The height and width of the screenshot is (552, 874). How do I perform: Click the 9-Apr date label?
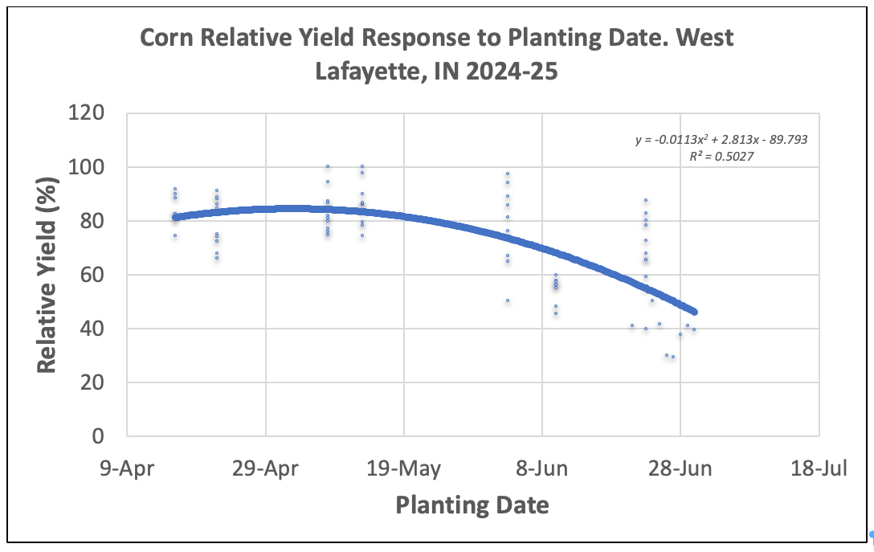click(x=127, y=469)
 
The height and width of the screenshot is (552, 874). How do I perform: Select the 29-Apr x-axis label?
click(x=266, y=469)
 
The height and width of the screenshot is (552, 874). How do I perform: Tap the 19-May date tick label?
click(x=404, y=469)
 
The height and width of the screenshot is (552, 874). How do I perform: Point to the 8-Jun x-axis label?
click(x=542, y=469)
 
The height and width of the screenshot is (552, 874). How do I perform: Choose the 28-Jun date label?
click(x=680, y=469)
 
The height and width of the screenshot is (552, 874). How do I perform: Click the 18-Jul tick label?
click(x=819, y=469)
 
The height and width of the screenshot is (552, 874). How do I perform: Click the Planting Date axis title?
click(x=472, y=505)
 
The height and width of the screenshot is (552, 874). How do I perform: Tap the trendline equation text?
click(x=721, y=140)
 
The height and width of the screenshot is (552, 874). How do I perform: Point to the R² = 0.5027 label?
click(x=721, y=157)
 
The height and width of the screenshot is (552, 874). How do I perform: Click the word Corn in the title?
click(x=169, y=39)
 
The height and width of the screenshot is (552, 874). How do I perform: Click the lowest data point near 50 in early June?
click(x=508, y=301)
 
